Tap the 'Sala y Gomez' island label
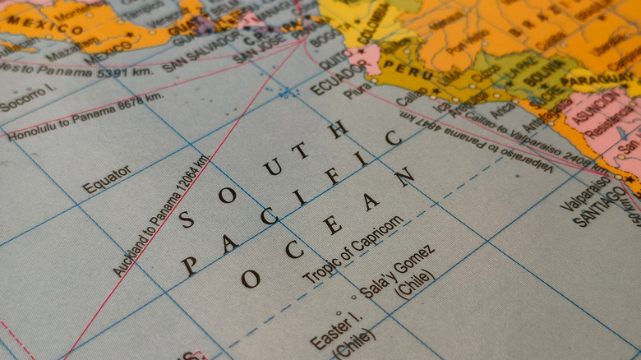(x=397, y=270)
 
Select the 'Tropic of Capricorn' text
(x=353, y=250)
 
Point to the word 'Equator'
(x=106, y=179)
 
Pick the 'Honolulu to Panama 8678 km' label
(x=85, y=116)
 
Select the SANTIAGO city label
(x=600, y=206)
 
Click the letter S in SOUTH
(x=187, y=219)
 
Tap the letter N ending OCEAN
(x=404, y=177)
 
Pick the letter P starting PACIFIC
(x=190, y=265)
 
